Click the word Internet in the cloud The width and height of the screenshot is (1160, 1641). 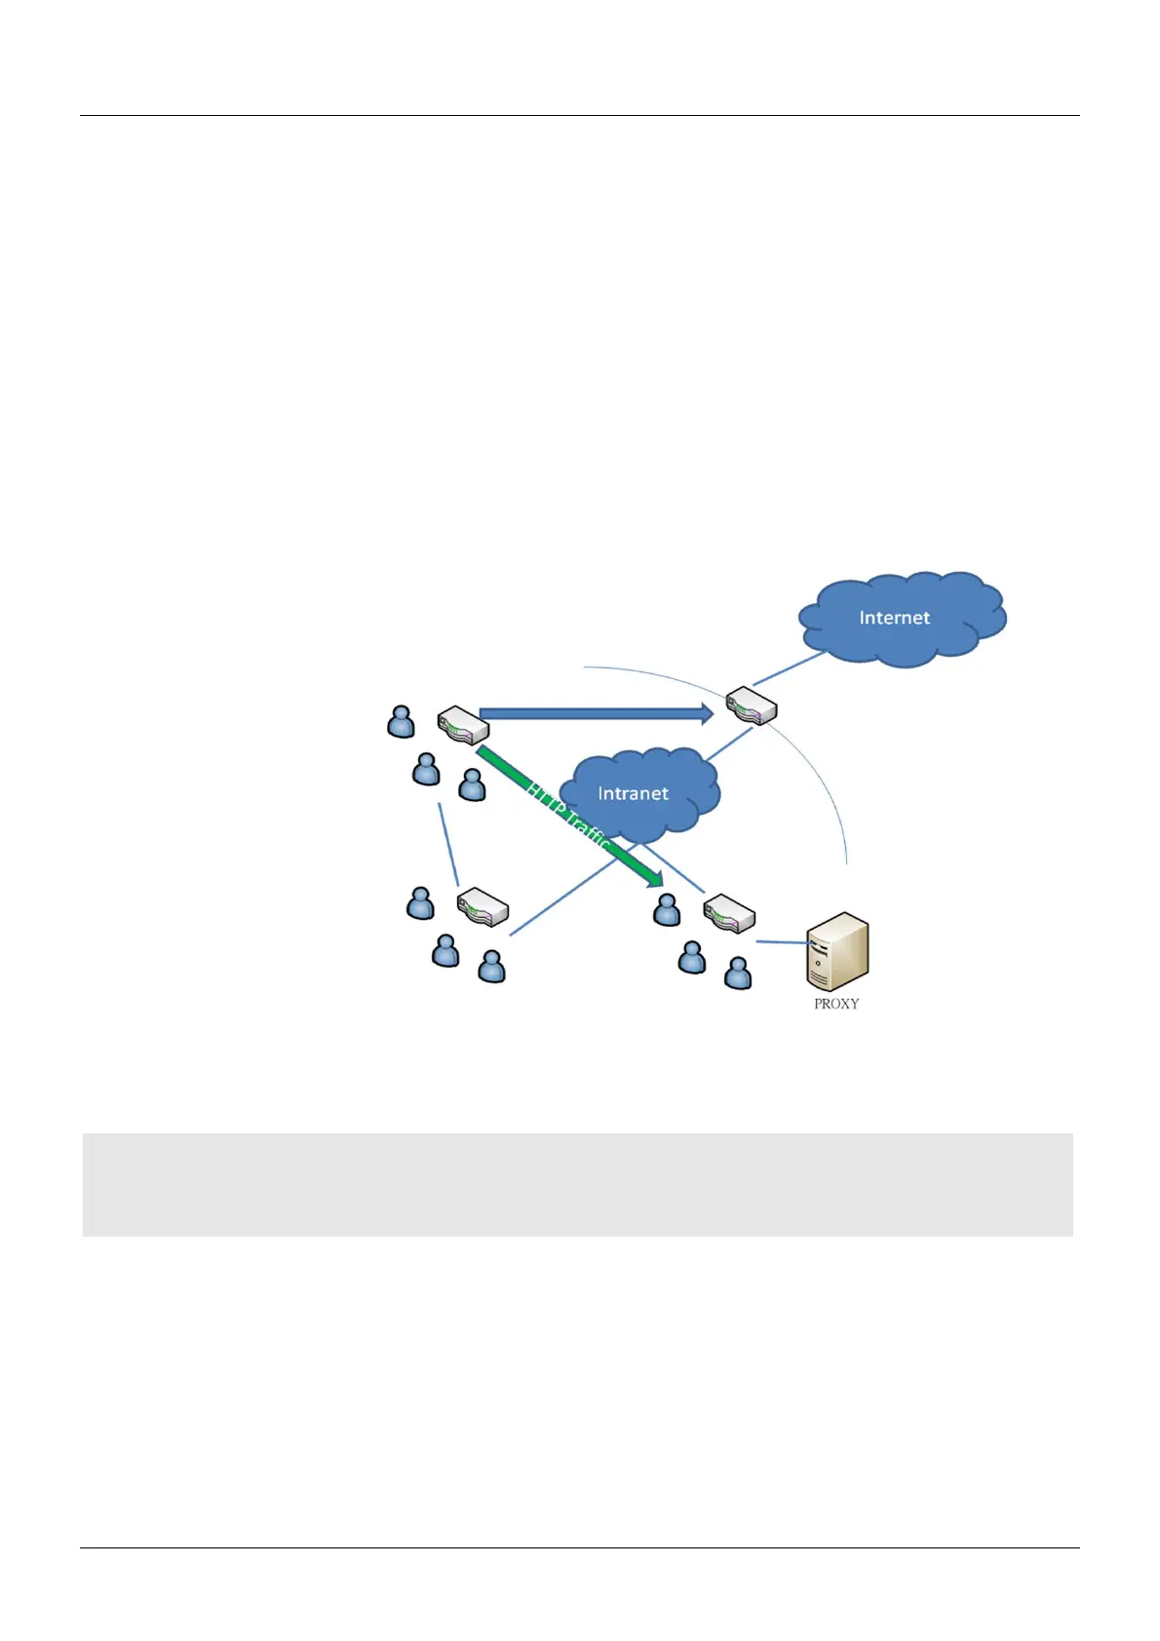coord(894,618)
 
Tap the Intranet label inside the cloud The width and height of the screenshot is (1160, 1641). coord(633,793)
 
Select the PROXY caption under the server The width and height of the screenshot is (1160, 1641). coord(836,1004)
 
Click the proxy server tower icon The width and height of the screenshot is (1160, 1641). coord(837,951)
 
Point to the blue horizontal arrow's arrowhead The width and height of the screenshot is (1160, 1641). coord(707,713)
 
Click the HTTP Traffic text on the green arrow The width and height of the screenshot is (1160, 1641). coord(568,817)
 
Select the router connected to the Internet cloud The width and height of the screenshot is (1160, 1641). coord(751,705)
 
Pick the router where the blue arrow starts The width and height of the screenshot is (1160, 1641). coord(463,724)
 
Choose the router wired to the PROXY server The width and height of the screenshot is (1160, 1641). coord(729,913)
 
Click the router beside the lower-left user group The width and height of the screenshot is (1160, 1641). coord(483,906)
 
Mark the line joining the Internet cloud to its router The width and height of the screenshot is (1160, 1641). coord(789,668)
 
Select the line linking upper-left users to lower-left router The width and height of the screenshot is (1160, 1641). coord(448,844)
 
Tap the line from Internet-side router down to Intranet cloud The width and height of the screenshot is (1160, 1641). coord(729,744)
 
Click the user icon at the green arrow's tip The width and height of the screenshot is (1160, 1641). coord(667,910)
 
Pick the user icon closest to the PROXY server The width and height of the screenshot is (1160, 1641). coord(738,973)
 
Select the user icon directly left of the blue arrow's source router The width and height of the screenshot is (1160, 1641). coord(401,721)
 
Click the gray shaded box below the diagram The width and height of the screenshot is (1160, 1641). coord(577,1184)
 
